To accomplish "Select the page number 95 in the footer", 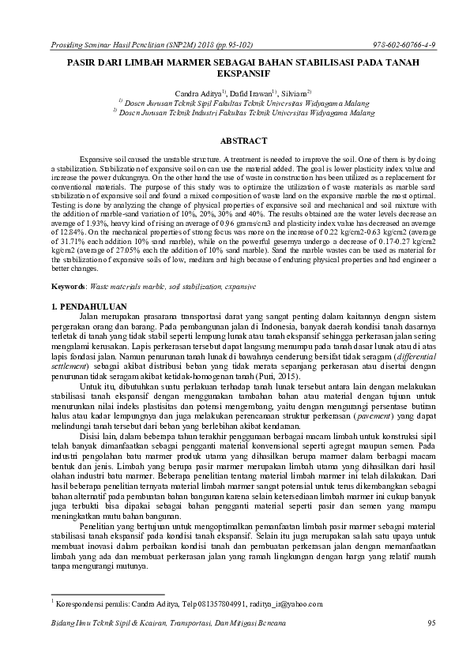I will coord(431,624).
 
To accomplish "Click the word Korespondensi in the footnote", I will coord(81,604).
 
